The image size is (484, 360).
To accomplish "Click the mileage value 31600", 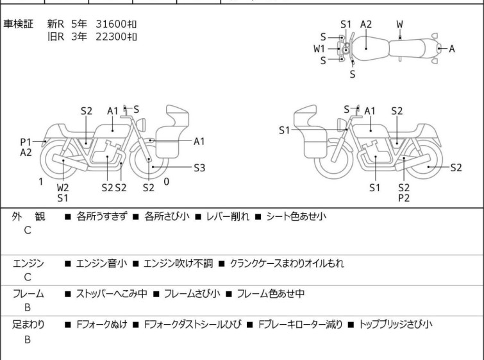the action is click(x=111, y=24).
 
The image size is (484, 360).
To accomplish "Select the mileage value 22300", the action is click(x=111, y=37).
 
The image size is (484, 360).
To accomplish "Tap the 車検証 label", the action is click(x=18, y=24).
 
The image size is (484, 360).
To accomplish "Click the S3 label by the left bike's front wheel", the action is click(x=199, y=167).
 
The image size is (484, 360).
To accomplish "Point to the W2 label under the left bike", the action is click(x=63, y=187).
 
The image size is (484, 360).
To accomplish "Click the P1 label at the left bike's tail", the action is click(x=26, y=142).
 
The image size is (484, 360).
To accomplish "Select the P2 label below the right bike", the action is click(x=404, y=198).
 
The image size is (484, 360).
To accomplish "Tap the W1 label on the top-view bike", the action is click(x=319, y=49).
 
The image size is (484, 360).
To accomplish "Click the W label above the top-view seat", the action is click(x=400, y=24).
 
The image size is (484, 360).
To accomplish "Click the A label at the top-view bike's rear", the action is click(x=452, y=49).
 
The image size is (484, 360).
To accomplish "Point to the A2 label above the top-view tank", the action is click(x=366, y=24).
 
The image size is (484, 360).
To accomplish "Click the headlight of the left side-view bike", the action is click(x=141, y=125).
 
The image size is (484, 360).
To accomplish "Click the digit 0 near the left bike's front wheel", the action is click(x=167, y=182).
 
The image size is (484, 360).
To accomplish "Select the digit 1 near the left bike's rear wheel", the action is click(x=41, y=182).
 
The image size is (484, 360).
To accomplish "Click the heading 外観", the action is click(x=28, y=216).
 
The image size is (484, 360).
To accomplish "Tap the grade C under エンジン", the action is click(x=28, y=277).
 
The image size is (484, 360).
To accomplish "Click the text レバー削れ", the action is click(x=228, y=216).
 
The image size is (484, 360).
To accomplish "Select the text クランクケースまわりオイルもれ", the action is click(x=287, y=263).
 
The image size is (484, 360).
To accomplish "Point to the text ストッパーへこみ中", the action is click(x=112, y=293).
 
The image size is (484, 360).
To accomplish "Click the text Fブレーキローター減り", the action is click(x=301, y=325).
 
